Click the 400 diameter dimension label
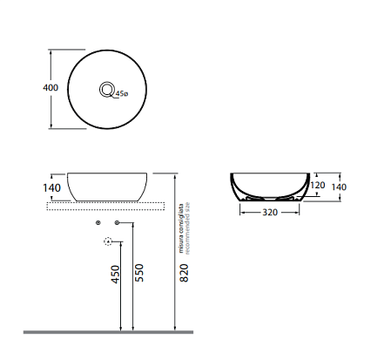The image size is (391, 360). coord(51,87)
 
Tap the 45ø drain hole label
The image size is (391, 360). coord(122,94)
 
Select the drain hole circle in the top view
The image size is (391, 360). coord(107,83)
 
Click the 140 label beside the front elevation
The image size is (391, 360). coord(52,188)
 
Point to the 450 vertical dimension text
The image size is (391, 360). coord(115,274)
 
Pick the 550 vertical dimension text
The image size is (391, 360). coord(139,273)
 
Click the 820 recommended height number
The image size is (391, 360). coord(184,273)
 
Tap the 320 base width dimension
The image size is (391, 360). coord(270,213)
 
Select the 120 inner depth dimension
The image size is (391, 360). coord(318,185)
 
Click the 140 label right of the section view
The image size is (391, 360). coord(339,187)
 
